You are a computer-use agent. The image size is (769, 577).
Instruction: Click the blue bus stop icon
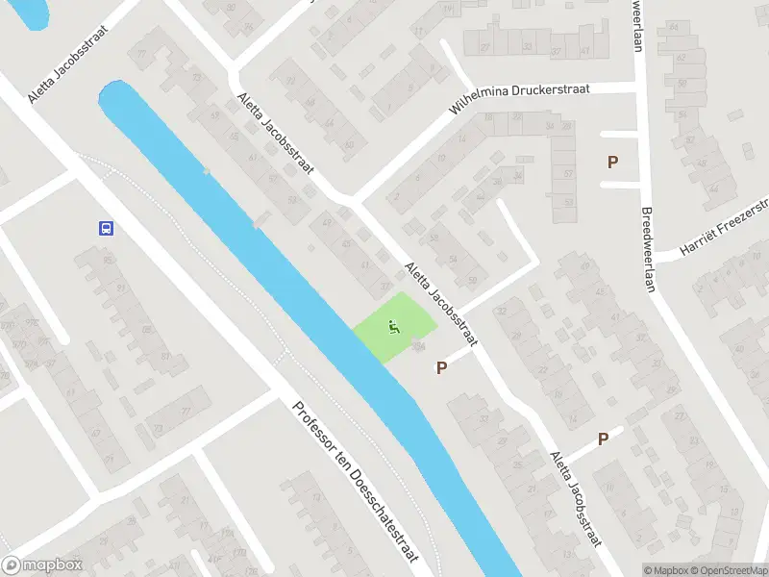[x=105, y=228]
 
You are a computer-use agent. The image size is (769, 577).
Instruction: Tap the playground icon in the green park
[x=393, y=328]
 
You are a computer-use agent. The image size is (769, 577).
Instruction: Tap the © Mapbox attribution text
[x=665, y=570]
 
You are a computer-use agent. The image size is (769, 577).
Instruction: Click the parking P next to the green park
[x=441, y=366]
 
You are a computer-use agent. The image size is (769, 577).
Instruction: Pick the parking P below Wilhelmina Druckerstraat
[x=611, y=163]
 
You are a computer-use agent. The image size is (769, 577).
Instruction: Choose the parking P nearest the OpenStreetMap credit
[x=603, y=439]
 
